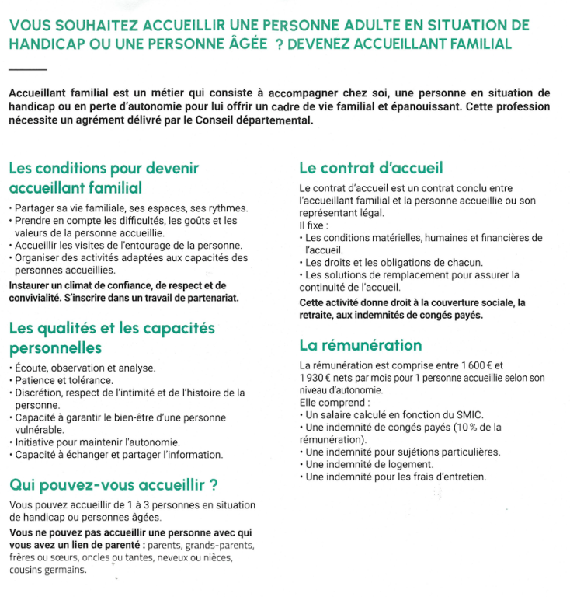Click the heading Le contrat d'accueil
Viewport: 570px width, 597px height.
(x=370, y=167)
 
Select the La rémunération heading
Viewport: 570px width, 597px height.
(x=360, y=345)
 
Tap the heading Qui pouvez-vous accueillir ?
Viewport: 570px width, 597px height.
(x=113, y=486)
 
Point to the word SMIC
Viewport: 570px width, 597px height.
(x=445, y=415)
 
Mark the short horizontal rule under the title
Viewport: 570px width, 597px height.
(x=26, y=70)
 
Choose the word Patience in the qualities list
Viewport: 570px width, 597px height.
(x=34, y=380)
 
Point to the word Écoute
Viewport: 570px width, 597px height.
(x=32, y=368)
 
